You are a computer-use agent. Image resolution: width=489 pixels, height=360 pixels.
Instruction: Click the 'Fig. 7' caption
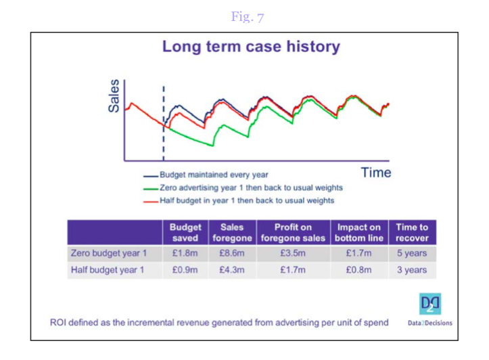248,16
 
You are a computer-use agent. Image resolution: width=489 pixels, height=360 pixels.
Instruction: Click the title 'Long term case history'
251,47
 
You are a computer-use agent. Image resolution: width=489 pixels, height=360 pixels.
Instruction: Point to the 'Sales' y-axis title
114,95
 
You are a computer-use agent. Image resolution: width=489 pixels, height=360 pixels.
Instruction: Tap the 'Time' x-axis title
376,173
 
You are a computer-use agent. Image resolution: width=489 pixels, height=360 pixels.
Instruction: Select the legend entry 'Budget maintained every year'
206,175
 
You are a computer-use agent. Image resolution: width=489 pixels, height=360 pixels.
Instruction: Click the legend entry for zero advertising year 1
243,187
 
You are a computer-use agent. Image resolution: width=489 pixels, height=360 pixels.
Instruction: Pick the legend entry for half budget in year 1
239,200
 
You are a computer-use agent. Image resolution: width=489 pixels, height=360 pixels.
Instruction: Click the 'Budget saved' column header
185,232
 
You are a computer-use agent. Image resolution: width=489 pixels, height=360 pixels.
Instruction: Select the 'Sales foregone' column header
232,232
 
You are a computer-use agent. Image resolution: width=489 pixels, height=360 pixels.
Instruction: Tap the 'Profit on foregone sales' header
293,232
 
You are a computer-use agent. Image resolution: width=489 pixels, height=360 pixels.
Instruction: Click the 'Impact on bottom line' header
359,232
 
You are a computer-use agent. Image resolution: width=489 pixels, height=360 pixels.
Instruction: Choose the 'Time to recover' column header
412,232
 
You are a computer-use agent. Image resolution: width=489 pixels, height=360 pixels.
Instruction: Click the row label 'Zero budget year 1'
108,253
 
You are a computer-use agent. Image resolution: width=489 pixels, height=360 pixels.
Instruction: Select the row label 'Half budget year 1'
108,270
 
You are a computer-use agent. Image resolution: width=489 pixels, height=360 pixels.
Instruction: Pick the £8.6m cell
232,253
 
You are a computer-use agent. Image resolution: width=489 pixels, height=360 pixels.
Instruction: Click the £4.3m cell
232,270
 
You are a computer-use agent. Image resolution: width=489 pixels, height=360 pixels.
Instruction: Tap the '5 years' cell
412,253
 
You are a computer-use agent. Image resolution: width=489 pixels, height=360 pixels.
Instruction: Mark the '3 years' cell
412,270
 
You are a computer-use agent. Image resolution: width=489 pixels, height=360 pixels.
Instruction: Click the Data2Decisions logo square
430,304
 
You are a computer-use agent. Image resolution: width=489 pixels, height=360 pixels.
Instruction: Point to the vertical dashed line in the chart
164,124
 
